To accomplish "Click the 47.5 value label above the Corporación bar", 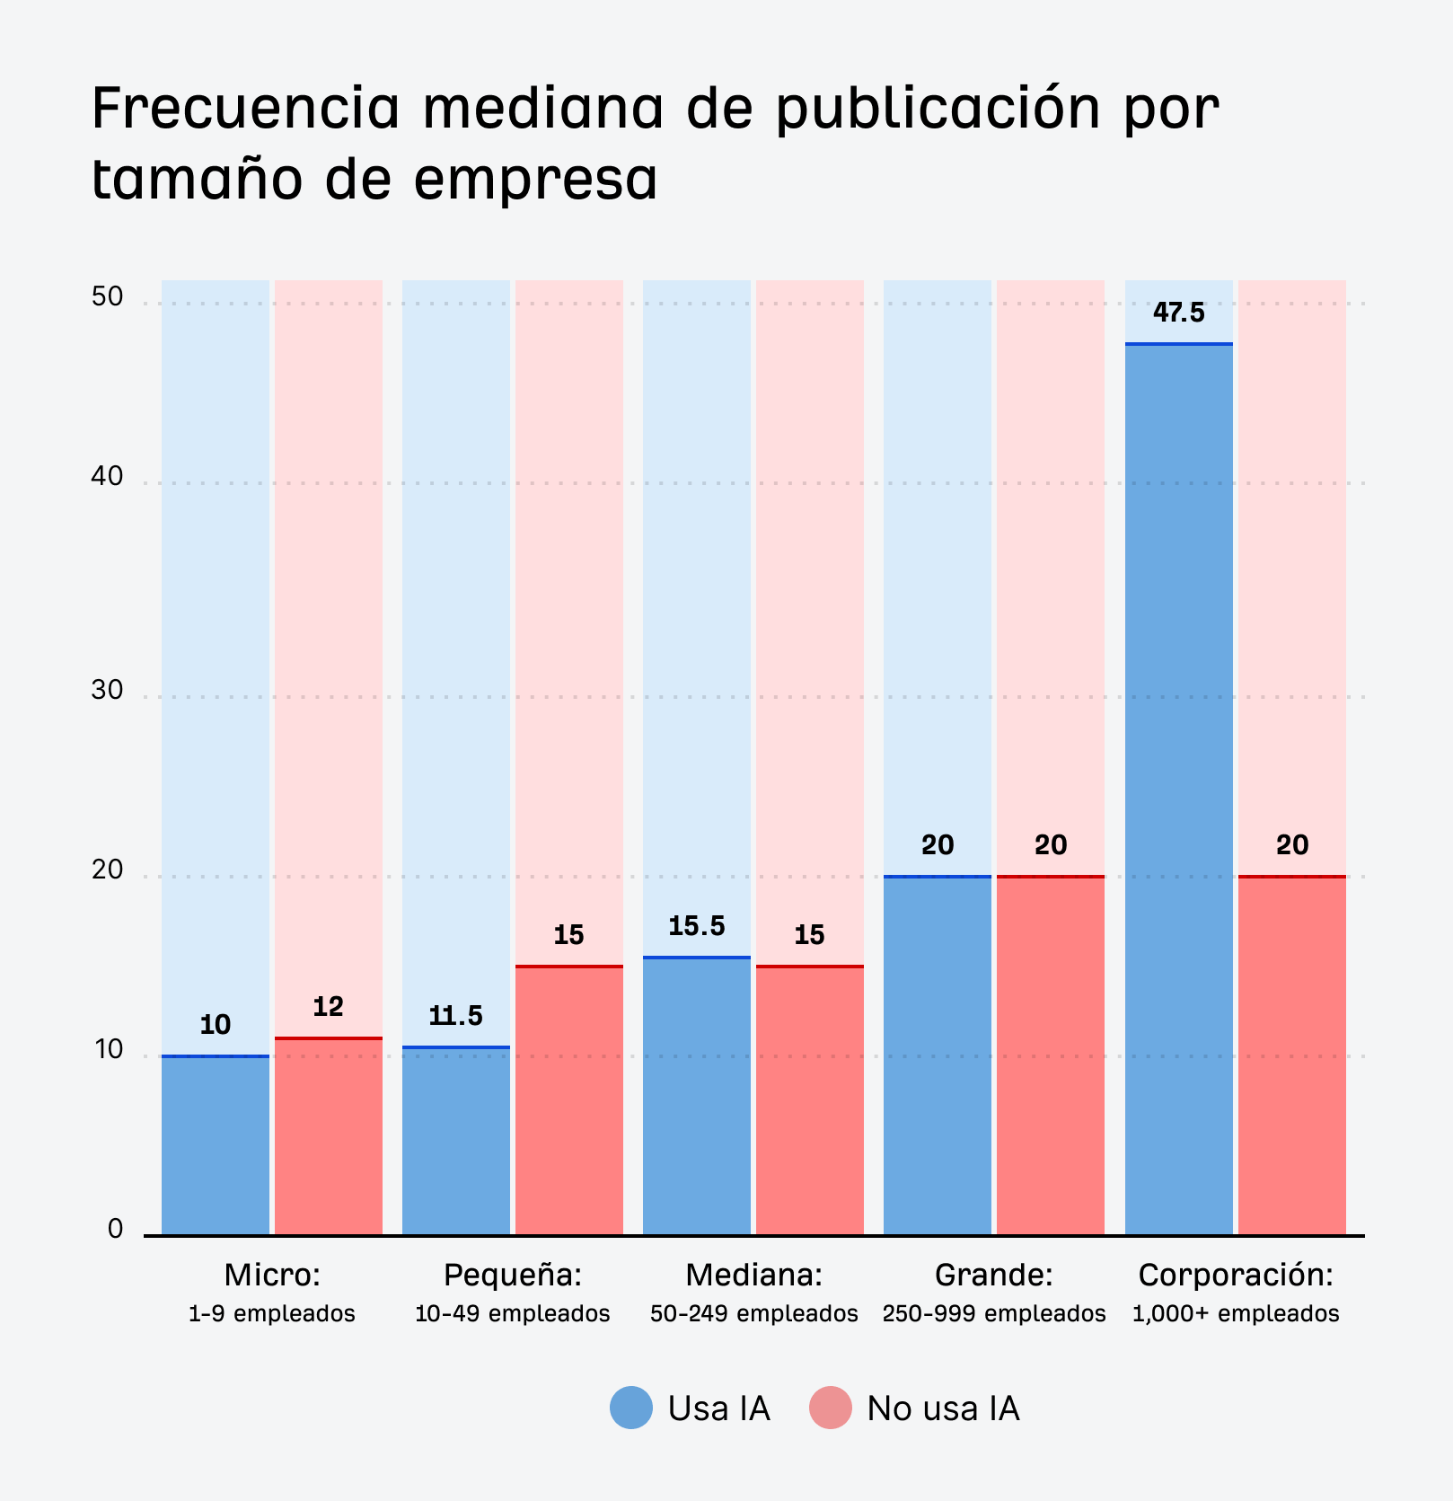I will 1178,313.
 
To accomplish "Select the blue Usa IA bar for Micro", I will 216,1145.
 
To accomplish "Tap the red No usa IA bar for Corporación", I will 1291,1055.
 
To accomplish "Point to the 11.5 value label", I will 455,1016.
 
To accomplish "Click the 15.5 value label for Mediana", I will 696,926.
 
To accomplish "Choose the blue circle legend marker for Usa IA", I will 631,1408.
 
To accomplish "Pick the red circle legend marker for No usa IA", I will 830,1408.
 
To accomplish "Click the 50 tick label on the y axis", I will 107,297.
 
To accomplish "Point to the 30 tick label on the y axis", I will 107,690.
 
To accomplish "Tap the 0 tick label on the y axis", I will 115,1229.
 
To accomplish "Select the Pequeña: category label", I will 513,1275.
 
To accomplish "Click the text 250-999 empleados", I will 993,1314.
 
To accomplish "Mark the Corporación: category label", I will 1236,1275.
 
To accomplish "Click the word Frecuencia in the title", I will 245,108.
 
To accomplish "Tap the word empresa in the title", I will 535,179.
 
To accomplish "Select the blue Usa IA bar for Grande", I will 938,1055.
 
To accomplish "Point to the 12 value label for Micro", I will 328,1007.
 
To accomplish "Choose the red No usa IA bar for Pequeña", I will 569,1100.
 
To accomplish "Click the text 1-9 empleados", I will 271,1314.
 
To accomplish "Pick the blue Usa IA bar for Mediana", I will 696,1096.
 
